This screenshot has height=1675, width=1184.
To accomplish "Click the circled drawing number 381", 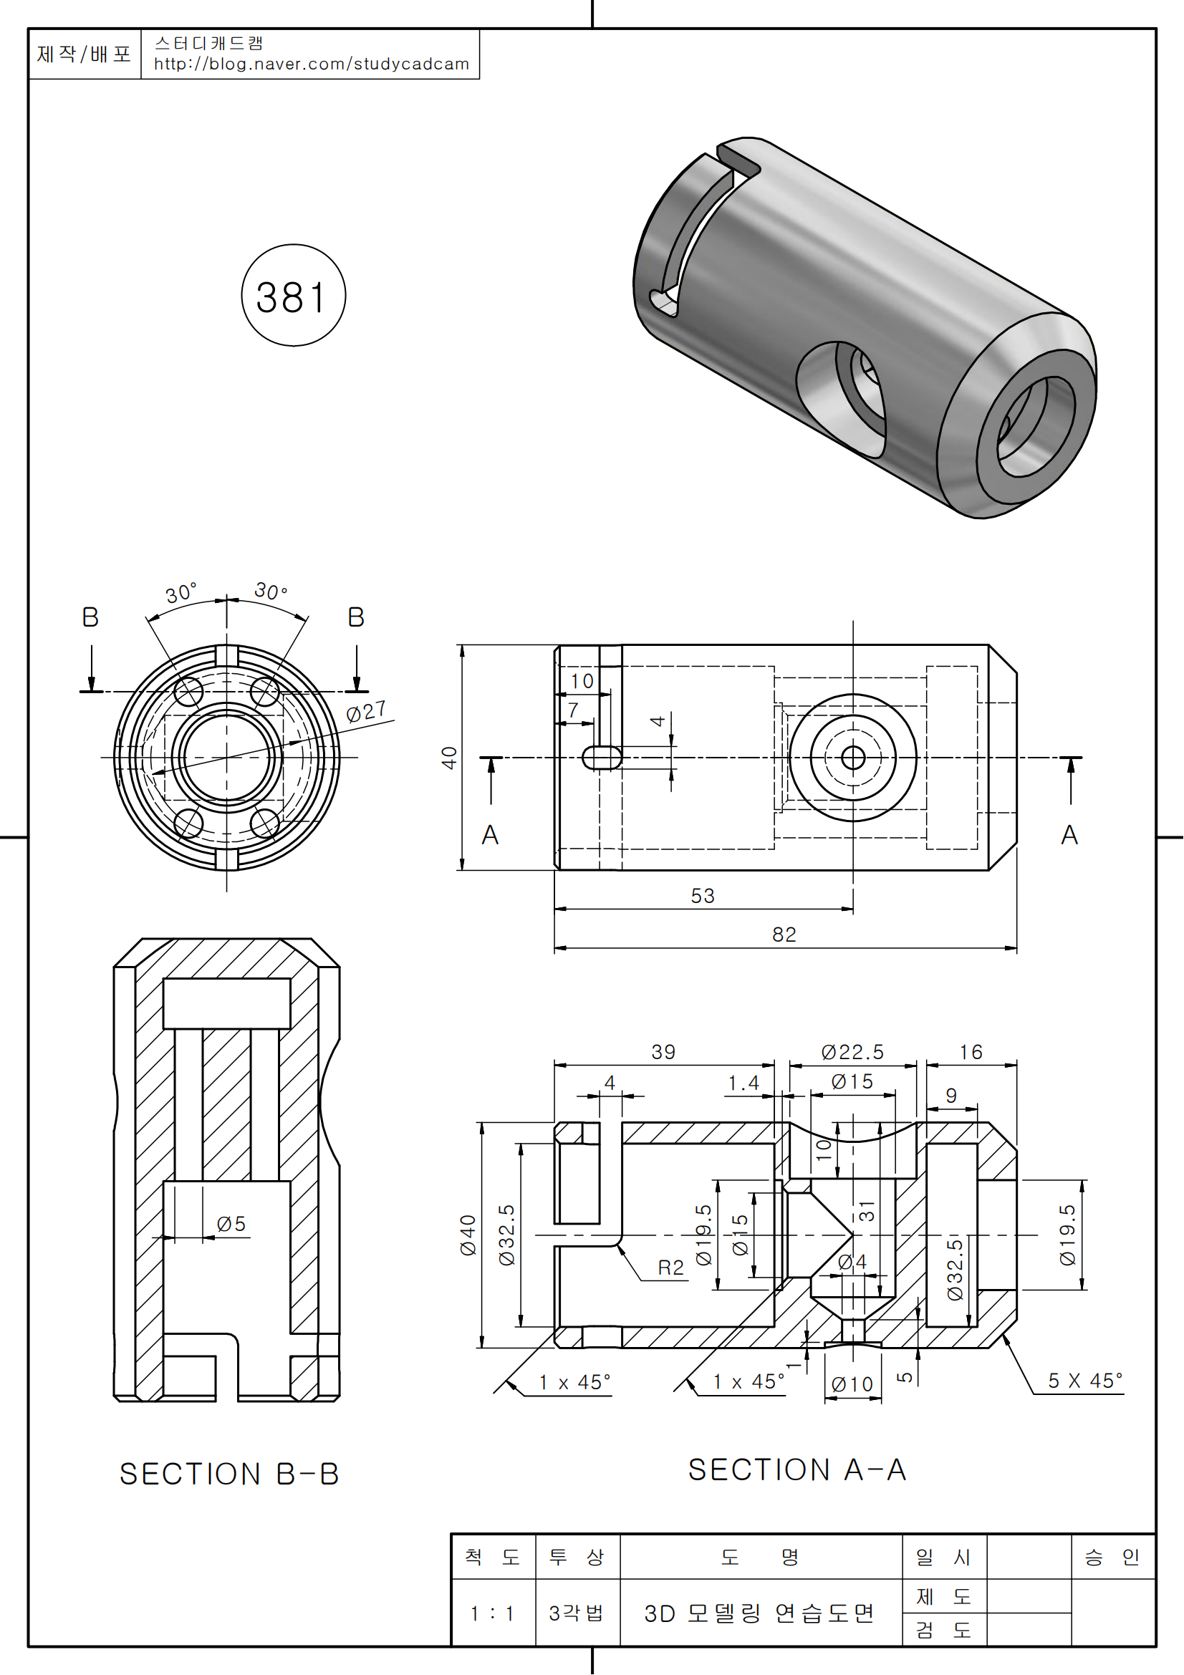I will tap(292, 297).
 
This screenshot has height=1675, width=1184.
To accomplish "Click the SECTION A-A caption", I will tap(796, 1470).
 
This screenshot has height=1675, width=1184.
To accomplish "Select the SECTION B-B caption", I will tap(229, 1474).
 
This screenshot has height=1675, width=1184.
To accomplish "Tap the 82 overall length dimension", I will tap(784, 935).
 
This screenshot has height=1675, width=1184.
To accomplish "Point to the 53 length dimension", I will tap(703, 896).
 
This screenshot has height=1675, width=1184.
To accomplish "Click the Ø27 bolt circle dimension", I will tap(365, 711).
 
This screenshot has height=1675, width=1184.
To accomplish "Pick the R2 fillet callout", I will tap(670, 1268).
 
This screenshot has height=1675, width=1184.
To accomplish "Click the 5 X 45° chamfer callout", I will tap(1084, 1381).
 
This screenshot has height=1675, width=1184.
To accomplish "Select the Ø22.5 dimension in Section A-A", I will tap(852, 1052).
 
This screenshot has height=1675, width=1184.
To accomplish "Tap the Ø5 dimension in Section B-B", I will tap(231, 1224).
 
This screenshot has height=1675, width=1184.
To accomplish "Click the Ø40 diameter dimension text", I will tap(468, 1235).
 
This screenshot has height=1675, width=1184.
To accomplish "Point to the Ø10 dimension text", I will tap(852, 1385).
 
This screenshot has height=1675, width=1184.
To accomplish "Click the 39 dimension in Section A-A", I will tap(663, 1052).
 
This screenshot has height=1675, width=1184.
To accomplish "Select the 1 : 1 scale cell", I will tap(491, 1613).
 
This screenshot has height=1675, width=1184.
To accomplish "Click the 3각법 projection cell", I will tap(577, 1613).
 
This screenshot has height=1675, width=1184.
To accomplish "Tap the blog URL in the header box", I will tap(311, 64).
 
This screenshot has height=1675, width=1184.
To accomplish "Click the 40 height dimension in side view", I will tap(449, 757).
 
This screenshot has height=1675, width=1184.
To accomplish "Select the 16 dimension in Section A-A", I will tap(971, 1052).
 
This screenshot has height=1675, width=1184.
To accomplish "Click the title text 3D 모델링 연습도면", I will tap(759, 1613).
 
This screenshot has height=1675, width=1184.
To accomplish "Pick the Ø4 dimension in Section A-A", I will tap(852, 1261).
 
